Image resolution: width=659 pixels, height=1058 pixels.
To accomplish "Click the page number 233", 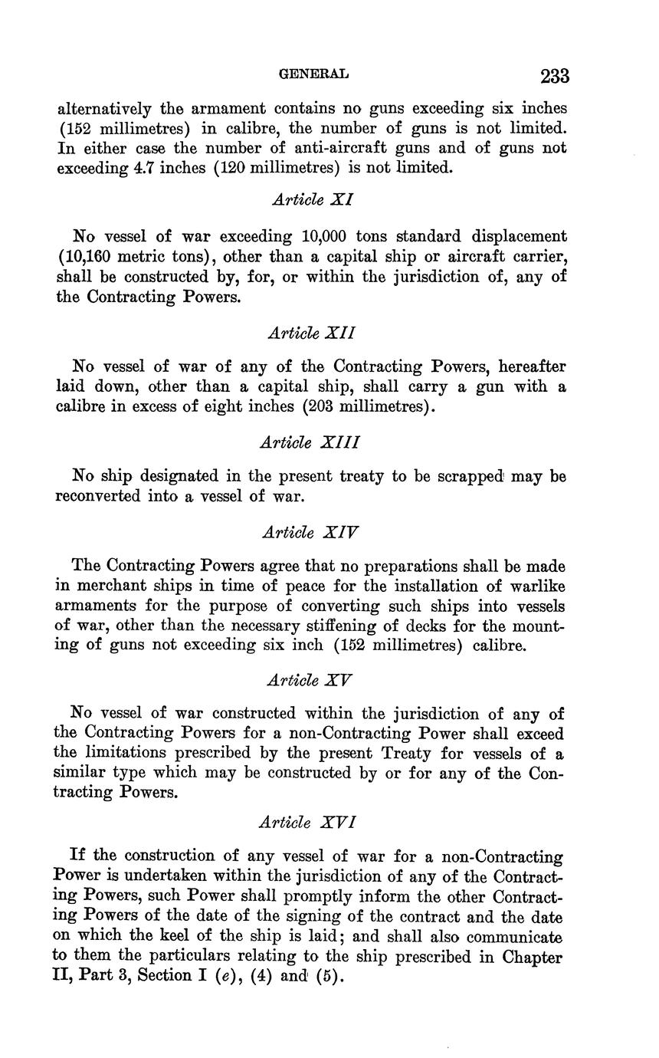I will click(x=554, y=76).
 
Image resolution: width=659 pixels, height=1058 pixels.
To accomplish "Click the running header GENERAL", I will click(x=313, y=74).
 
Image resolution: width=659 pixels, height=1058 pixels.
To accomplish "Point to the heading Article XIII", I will click(x=310, y=442).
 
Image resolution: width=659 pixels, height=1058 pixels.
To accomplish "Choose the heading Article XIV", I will click(x=310, y=532).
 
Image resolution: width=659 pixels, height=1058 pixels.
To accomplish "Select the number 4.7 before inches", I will click(x=143, y=167).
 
